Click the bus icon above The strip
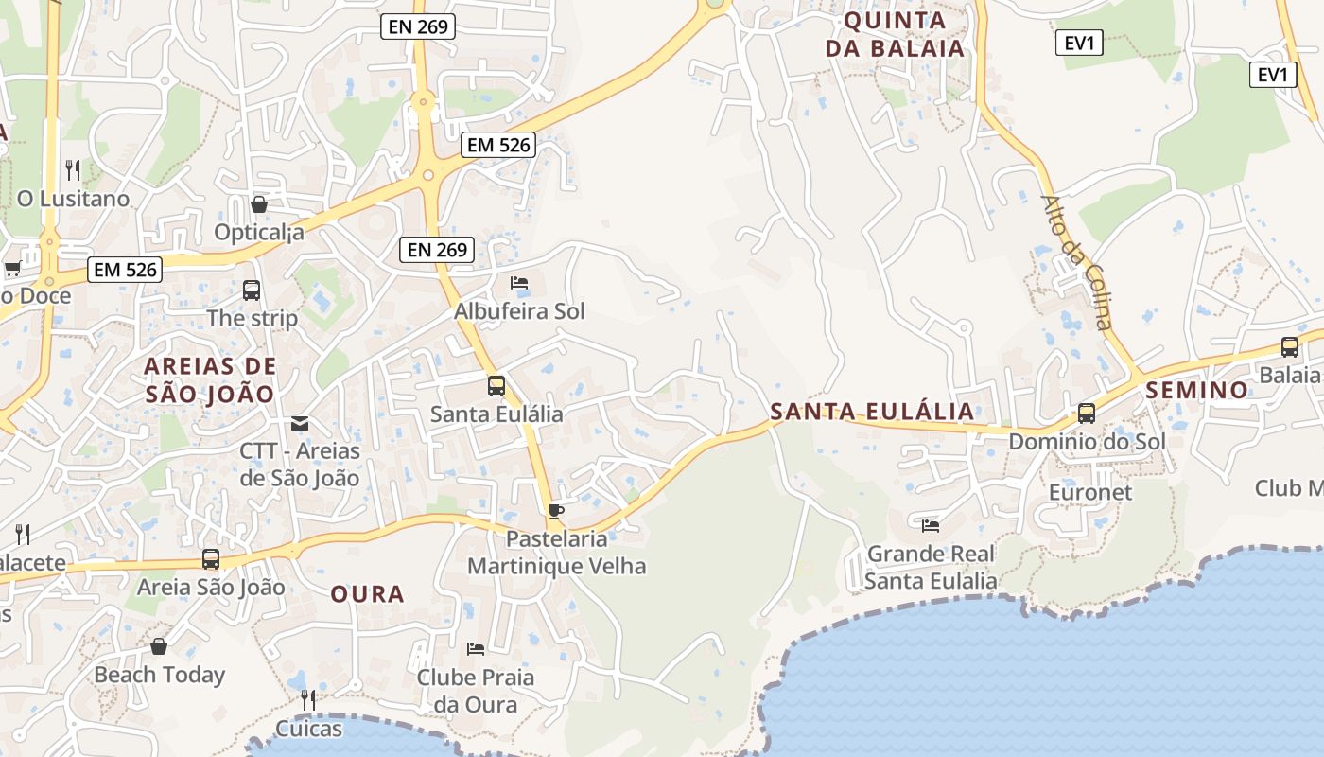pos(252,290)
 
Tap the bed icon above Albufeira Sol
pos(519,283)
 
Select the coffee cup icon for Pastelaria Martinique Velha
pos(556,511)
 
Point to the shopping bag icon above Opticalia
pos(259,204)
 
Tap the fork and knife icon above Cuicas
pos(307,700)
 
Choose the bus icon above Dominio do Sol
pos(1087,414)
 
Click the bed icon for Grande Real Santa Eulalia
pos(931,525)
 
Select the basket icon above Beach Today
pos(159,646)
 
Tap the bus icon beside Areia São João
pos(211,559)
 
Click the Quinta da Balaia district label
pos(895,34)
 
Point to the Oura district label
pos(367,594)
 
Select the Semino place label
pos(1197,390)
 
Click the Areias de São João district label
pos(210,379)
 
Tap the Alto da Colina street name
pos(1076,262)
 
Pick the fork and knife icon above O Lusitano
pos(73,170)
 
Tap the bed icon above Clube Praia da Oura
pos(476,649)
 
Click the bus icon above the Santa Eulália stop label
pos(496,386)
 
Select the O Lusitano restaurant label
pos(73,199)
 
